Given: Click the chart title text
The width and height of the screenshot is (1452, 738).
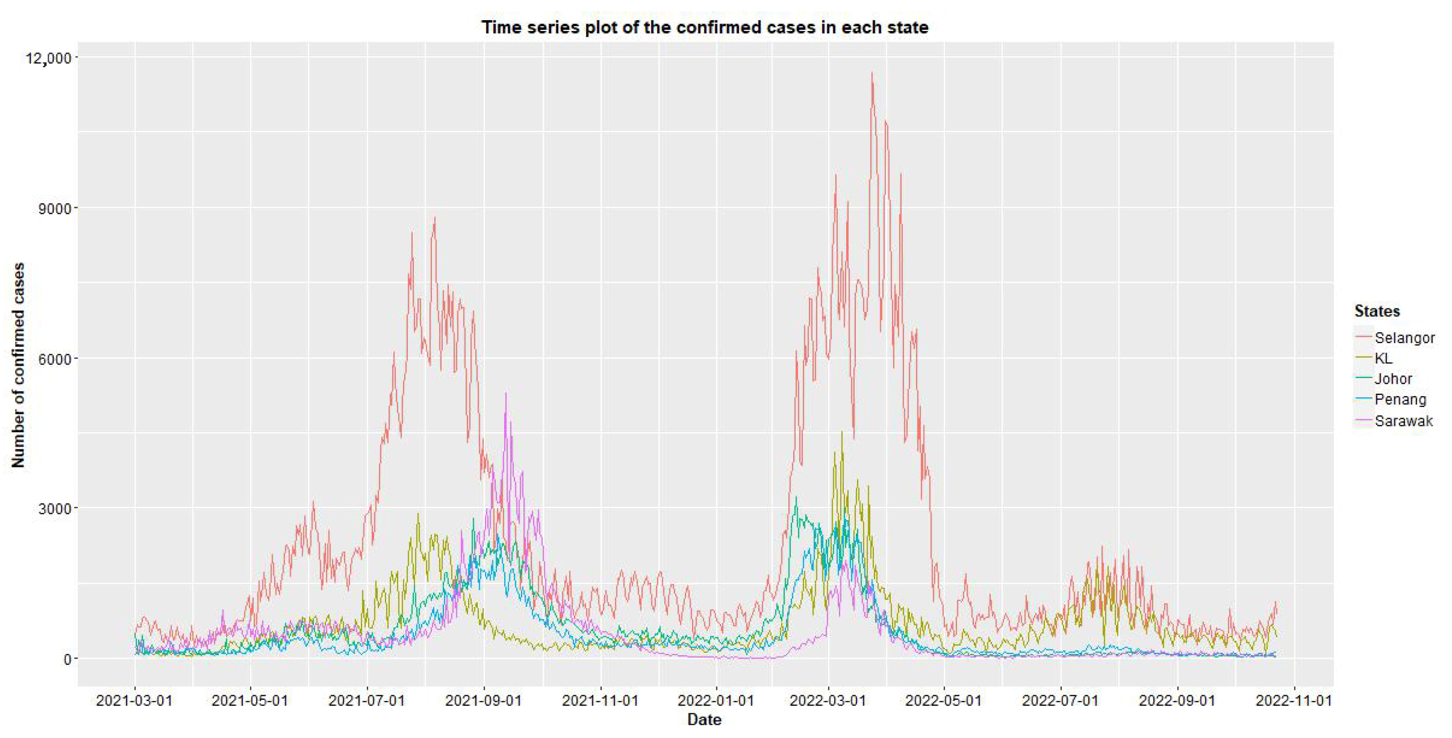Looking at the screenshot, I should pos(705,27).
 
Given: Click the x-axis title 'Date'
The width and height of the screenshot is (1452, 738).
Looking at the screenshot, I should pos(704,720).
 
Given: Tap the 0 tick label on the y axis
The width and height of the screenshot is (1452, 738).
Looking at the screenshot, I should pos(66,659).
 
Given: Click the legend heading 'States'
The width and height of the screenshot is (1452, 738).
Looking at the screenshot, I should pos(1376,311).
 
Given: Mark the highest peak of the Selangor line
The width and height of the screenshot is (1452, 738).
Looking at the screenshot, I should pos(872,73).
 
